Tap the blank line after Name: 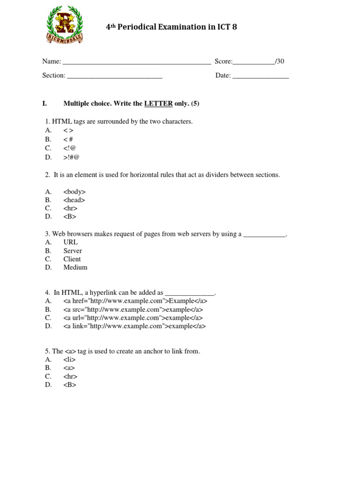136,62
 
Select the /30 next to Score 279,61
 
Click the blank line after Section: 115,76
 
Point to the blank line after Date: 261,76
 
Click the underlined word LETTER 158,104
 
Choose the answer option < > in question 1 68,131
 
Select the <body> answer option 75,192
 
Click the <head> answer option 74,200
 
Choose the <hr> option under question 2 70,209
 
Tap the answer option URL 71,242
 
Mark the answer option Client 72,259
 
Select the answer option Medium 75,268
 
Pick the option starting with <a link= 135,326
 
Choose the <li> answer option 69,360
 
